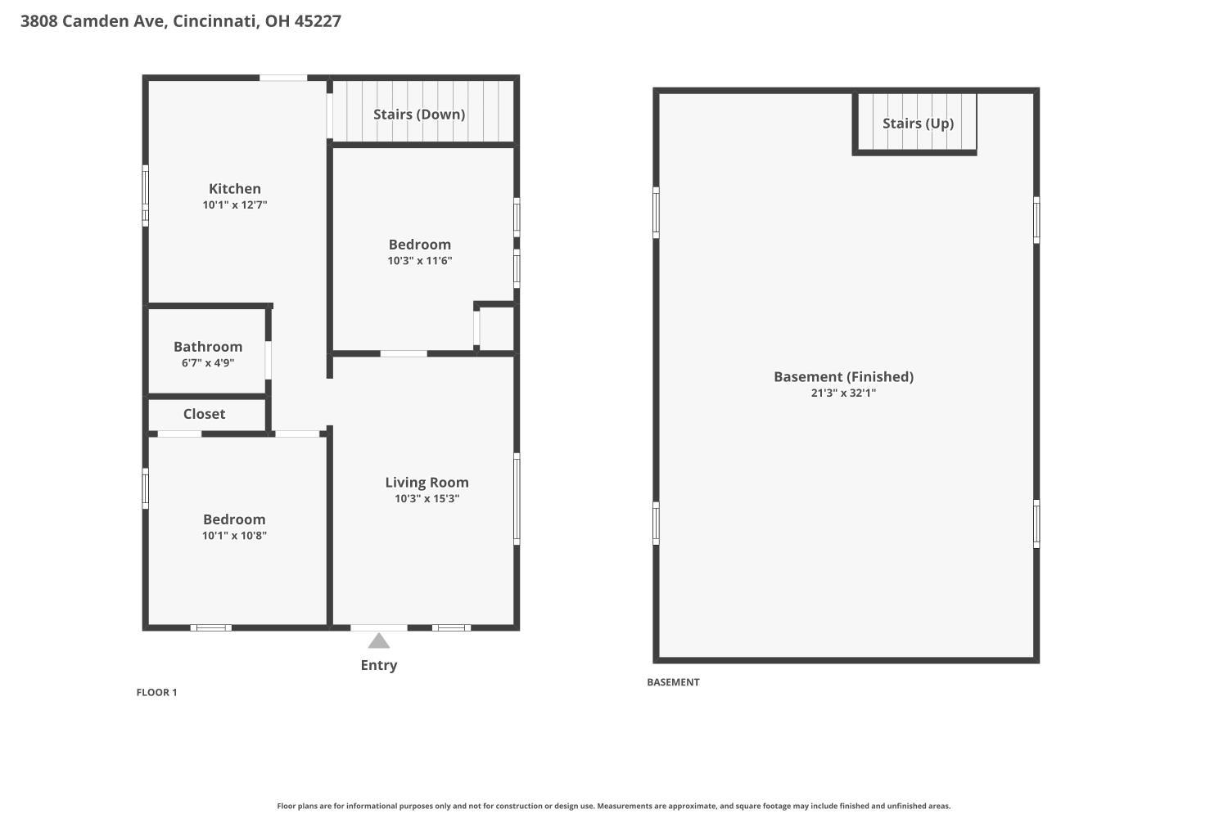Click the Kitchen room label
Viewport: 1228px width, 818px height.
pos(235,188)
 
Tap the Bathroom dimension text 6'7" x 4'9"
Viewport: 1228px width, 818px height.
pos(208,362)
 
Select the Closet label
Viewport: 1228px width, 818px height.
pos(204,414)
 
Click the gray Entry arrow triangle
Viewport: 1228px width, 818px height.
pos(379,640)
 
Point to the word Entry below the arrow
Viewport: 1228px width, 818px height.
pos(379,665)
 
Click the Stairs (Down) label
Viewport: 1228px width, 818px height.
pos(419,115)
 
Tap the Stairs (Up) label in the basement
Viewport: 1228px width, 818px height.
pos(919,124)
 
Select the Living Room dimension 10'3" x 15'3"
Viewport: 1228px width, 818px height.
pos(427,499)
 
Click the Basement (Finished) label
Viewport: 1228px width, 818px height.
pos(844,377)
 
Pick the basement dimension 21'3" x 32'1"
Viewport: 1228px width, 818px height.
pos(844,393)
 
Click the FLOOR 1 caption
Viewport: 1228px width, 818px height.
pos(157,693)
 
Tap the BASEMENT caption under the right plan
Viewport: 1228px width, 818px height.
pos(673,682)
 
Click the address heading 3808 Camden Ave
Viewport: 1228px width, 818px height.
pos(94,20)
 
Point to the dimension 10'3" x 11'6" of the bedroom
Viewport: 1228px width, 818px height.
pos(420,261)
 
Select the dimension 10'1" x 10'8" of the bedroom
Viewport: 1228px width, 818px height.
pos(235,535)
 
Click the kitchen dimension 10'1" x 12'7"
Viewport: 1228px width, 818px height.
pos(235,205)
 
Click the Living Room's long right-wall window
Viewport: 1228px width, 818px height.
pos(517,499)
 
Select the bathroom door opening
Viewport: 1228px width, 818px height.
pos(268,360)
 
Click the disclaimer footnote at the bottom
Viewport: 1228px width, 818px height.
pos(613,806)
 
